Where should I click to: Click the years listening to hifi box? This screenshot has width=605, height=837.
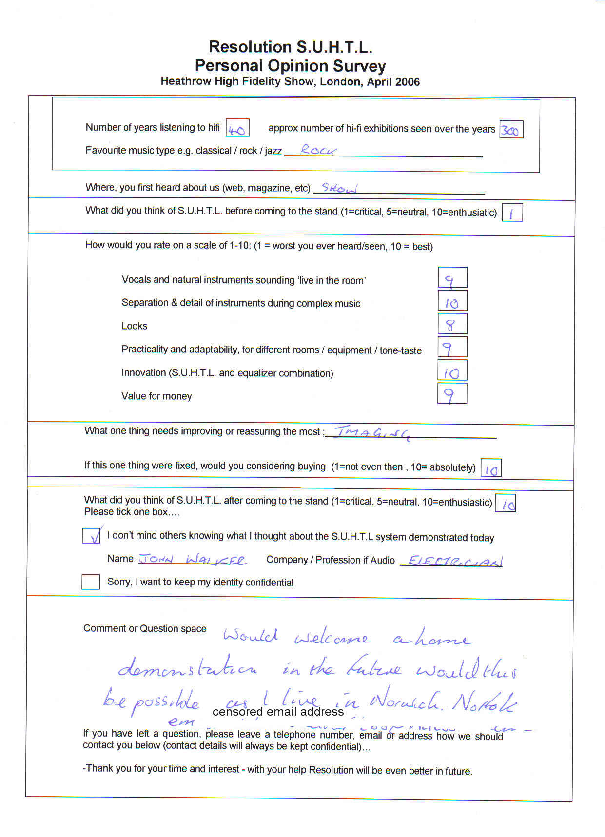(237, 128)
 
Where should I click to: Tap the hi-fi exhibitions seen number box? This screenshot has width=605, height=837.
(511, 130)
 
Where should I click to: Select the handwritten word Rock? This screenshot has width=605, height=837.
(319, 150)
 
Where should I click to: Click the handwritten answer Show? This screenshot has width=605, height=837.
(339, 188)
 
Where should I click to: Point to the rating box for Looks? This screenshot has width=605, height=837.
(452, 324)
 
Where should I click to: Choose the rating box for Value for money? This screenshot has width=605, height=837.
(452, 394)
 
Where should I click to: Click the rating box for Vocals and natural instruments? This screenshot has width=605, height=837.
(452, 278)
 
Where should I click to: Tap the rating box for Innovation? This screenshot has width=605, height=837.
(452, 370)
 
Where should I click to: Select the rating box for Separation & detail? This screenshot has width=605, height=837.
(452, 301)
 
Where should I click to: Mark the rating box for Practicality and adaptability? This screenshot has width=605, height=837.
(452, 347)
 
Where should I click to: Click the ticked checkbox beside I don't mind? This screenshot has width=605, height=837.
(91, 535)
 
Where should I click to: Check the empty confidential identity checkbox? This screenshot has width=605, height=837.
(91, 582)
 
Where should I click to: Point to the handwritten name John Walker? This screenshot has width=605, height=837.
(193, 560)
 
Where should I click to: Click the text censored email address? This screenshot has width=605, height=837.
(278, 712)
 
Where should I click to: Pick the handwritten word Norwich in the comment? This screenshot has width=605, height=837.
(405, 701)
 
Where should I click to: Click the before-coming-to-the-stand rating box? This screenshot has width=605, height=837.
(512, 213)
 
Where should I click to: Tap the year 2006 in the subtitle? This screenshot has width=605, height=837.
(407, 82)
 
